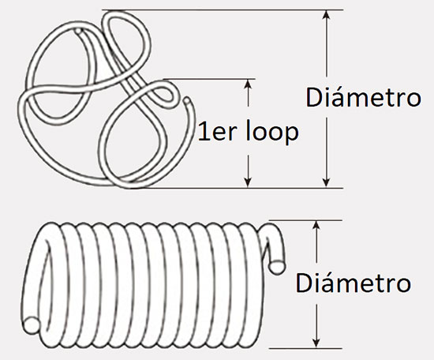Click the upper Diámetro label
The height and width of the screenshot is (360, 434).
(x=363, y=96)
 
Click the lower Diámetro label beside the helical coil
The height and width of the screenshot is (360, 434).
(x=354, y=282)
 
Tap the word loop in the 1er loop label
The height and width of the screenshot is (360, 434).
(x=272, y=132)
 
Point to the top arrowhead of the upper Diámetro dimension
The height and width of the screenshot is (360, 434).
(x=327, y=15)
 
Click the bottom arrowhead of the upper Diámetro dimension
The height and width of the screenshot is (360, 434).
(x=327, y=182)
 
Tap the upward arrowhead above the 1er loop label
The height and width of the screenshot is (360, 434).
(x=249, y=84)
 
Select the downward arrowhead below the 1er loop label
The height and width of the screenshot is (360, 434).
(x=249, y=182)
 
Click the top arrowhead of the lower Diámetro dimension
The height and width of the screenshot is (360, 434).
(x=317, y=226)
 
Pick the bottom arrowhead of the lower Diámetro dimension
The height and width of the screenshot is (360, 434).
(x=317, y=343)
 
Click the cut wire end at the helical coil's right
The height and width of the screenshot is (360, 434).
(x=276, y=267)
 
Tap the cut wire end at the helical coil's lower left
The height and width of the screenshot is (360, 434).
(x=32, y=325)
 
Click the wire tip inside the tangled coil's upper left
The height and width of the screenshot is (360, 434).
(x=79, y=30)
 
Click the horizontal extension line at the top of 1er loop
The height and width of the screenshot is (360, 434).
(x=209, y=79)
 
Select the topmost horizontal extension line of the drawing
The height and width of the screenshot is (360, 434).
(x=223, y=10)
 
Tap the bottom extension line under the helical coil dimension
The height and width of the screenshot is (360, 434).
(x=305, y=348)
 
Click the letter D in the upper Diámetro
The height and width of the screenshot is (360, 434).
(x=314, y=97)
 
